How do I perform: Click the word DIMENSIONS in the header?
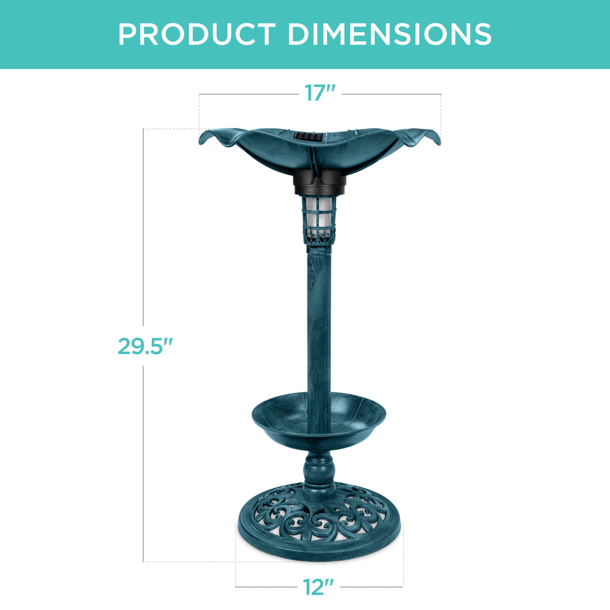click(x=389, y=34)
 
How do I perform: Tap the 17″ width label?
click(x=319, y=93)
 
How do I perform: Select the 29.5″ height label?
click(x=145, y=346)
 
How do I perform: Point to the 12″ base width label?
click(x=318, y=587)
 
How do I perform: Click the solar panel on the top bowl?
click(x=308, y=137)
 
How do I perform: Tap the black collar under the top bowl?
click(x=319, y=183)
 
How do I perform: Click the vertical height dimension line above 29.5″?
click(x=144, y=227)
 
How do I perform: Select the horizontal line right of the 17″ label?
click(x=391, y=94)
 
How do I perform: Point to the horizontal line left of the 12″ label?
click(x=267, y=587)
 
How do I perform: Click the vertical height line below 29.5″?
click(x=144, y=464)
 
